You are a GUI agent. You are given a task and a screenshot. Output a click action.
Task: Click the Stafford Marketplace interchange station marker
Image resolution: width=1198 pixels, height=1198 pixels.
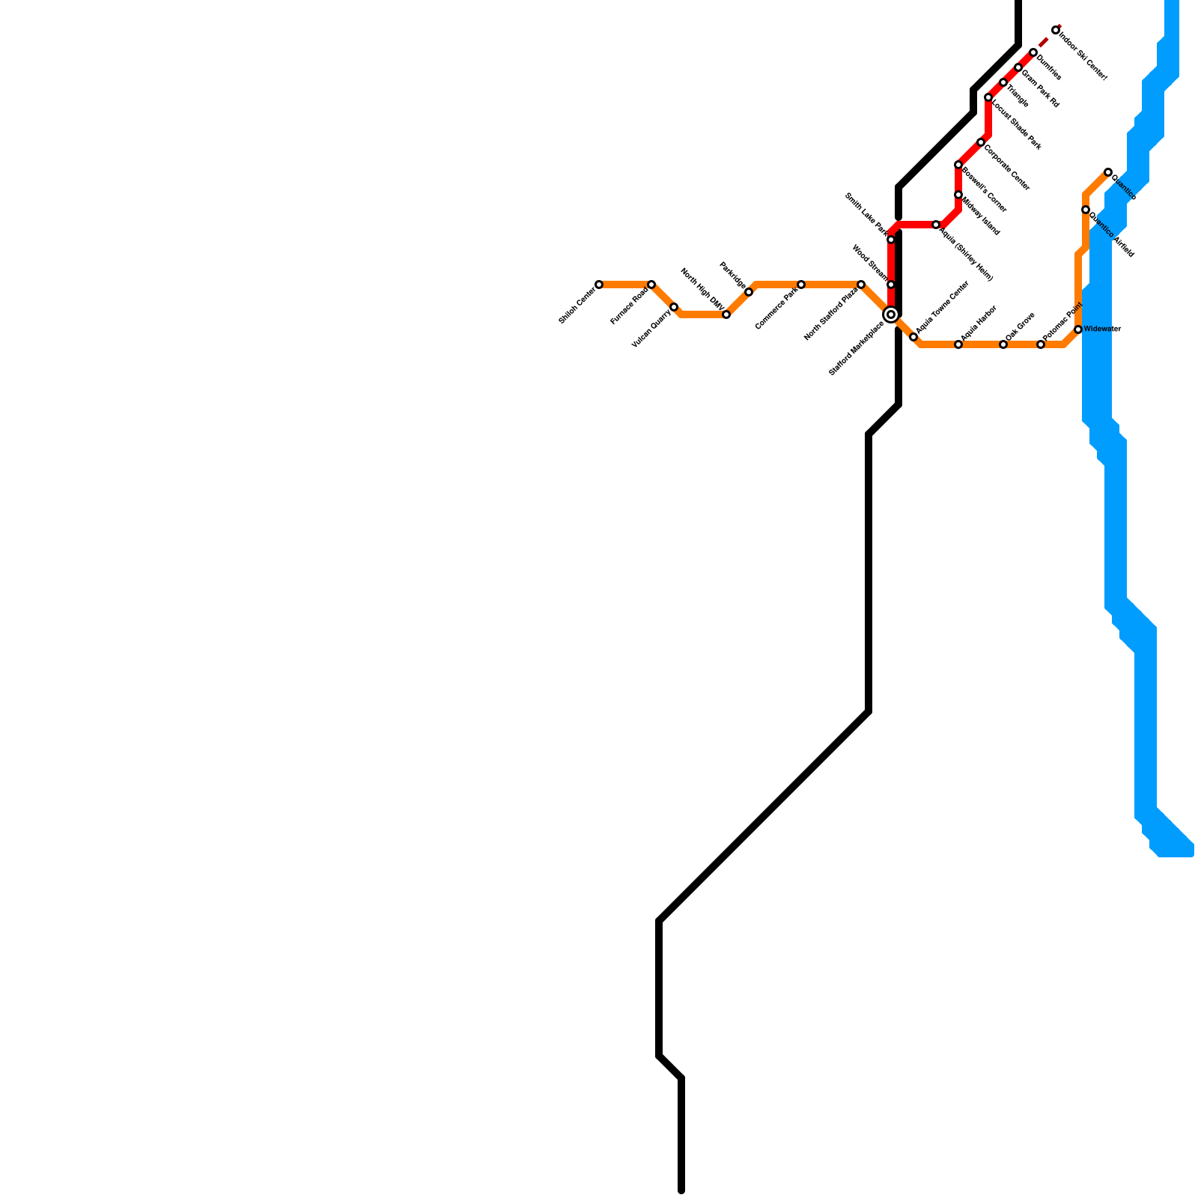tap(891, 314)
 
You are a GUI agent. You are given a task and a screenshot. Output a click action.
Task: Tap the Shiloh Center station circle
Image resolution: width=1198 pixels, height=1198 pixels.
tap(599, 285)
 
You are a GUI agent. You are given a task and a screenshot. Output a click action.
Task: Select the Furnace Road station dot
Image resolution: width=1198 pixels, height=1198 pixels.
tap(651, 285)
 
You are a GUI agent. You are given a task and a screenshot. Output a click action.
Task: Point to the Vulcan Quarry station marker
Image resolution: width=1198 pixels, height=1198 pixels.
tap(674, 307)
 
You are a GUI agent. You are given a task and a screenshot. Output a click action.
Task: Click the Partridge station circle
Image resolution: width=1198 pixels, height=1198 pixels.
tap(749, 292)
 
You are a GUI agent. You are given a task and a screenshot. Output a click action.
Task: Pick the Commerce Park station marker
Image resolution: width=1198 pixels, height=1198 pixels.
tap(801, 285)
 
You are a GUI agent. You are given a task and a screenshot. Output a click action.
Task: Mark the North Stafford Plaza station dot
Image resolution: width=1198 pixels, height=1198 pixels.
tap(861, 285)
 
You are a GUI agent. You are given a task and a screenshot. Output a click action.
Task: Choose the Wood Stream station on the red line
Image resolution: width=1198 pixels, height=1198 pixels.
tap(891, 285)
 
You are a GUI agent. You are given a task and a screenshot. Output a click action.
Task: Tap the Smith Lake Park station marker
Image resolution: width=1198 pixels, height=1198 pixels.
tap(891, 240)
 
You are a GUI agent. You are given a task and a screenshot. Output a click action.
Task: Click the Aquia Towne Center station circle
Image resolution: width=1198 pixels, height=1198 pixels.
tap(913, 338)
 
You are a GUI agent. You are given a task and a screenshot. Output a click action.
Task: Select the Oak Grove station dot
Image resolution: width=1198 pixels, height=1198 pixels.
tap(1003, 344)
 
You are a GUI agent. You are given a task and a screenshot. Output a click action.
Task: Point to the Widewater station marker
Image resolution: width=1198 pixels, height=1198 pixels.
tap(1078, 329)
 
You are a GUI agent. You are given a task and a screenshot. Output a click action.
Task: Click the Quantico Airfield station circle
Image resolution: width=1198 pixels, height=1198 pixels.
tap(1085, 210)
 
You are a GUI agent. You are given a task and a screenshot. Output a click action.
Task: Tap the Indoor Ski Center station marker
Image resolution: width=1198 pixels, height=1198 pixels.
tap(1056, 30)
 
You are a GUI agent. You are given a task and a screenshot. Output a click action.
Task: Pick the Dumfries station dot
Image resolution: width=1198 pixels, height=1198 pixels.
tap(1033, 52)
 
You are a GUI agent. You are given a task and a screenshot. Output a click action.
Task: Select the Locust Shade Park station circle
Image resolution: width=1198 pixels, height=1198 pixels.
tap(988, 97)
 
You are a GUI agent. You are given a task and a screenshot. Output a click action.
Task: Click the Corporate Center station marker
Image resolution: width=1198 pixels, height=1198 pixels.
tap(981, 142)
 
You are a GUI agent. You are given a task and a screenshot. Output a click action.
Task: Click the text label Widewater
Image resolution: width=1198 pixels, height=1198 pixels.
tap(1102, 329)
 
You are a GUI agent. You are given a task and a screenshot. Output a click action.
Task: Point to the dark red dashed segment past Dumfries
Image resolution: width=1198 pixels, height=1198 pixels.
tap(1044, 43)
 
